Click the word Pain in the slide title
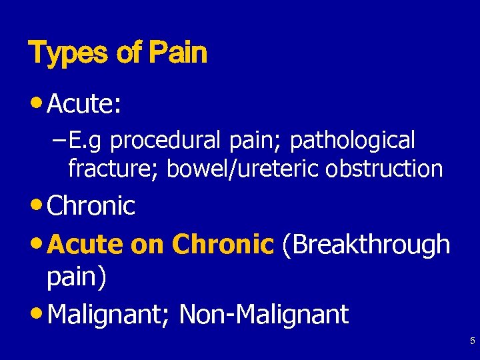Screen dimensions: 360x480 click(178, 53)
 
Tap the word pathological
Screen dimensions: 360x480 click(353, 141)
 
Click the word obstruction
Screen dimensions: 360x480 click(384, 169)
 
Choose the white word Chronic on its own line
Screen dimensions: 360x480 click(91, 206)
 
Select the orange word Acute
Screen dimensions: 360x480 click(86, 245)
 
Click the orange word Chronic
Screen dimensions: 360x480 click(223, 245)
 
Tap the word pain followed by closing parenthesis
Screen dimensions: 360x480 click(75, 278)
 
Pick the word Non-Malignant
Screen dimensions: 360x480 click(263, 314)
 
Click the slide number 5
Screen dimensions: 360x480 click(472, 341)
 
